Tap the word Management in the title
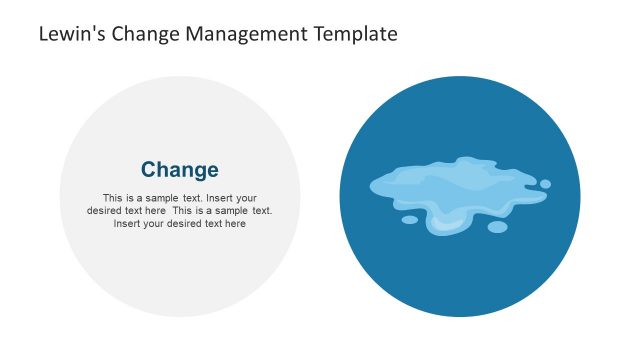229,34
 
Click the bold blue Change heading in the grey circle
180,170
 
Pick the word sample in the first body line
164,198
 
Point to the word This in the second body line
182,211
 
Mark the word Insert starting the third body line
126,224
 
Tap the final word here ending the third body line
235,224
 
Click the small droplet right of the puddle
545,184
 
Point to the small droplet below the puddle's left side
410,220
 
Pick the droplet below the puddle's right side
497,227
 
